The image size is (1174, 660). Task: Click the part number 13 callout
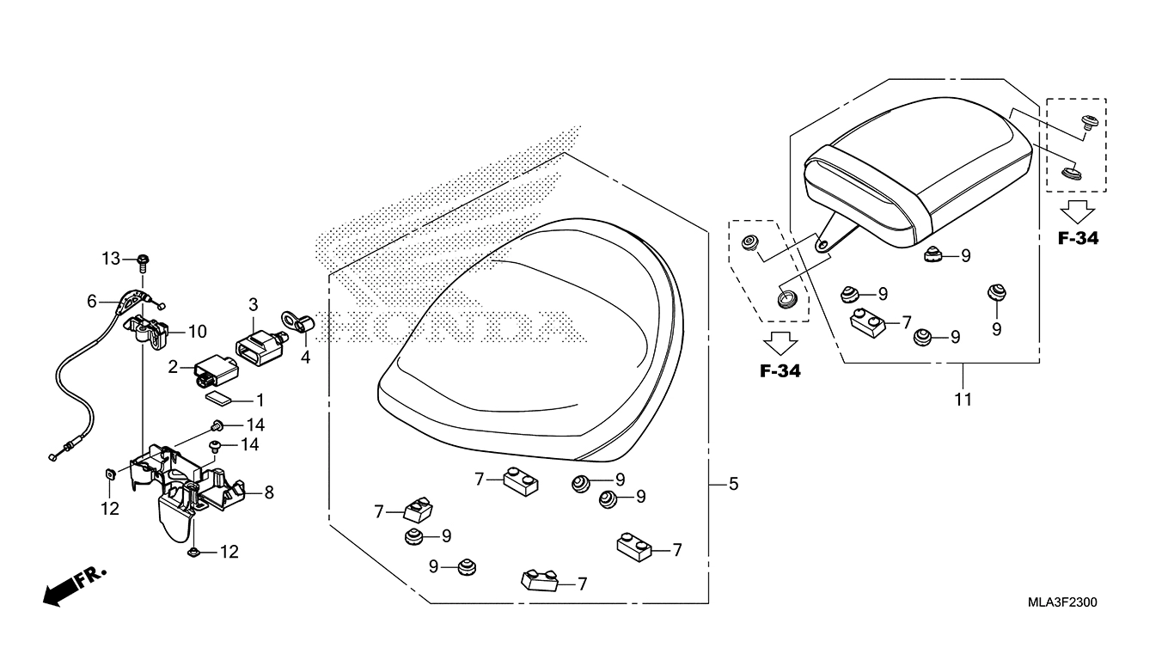click(x=111, y=259)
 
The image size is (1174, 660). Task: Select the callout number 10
click(x=198, y=332)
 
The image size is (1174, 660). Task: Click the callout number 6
click(x=92, y=302)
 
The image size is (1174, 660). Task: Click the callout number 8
click(x=269, y=492)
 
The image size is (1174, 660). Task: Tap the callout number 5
click(x=733, y=485)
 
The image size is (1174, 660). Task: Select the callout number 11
click(x=963, y=400)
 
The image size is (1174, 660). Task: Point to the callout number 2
click(x=173, y=368)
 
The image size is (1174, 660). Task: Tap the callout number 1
click(x=260, y=400)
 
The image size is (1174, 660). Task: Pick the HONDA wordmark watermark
click(x=447, y=325)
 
